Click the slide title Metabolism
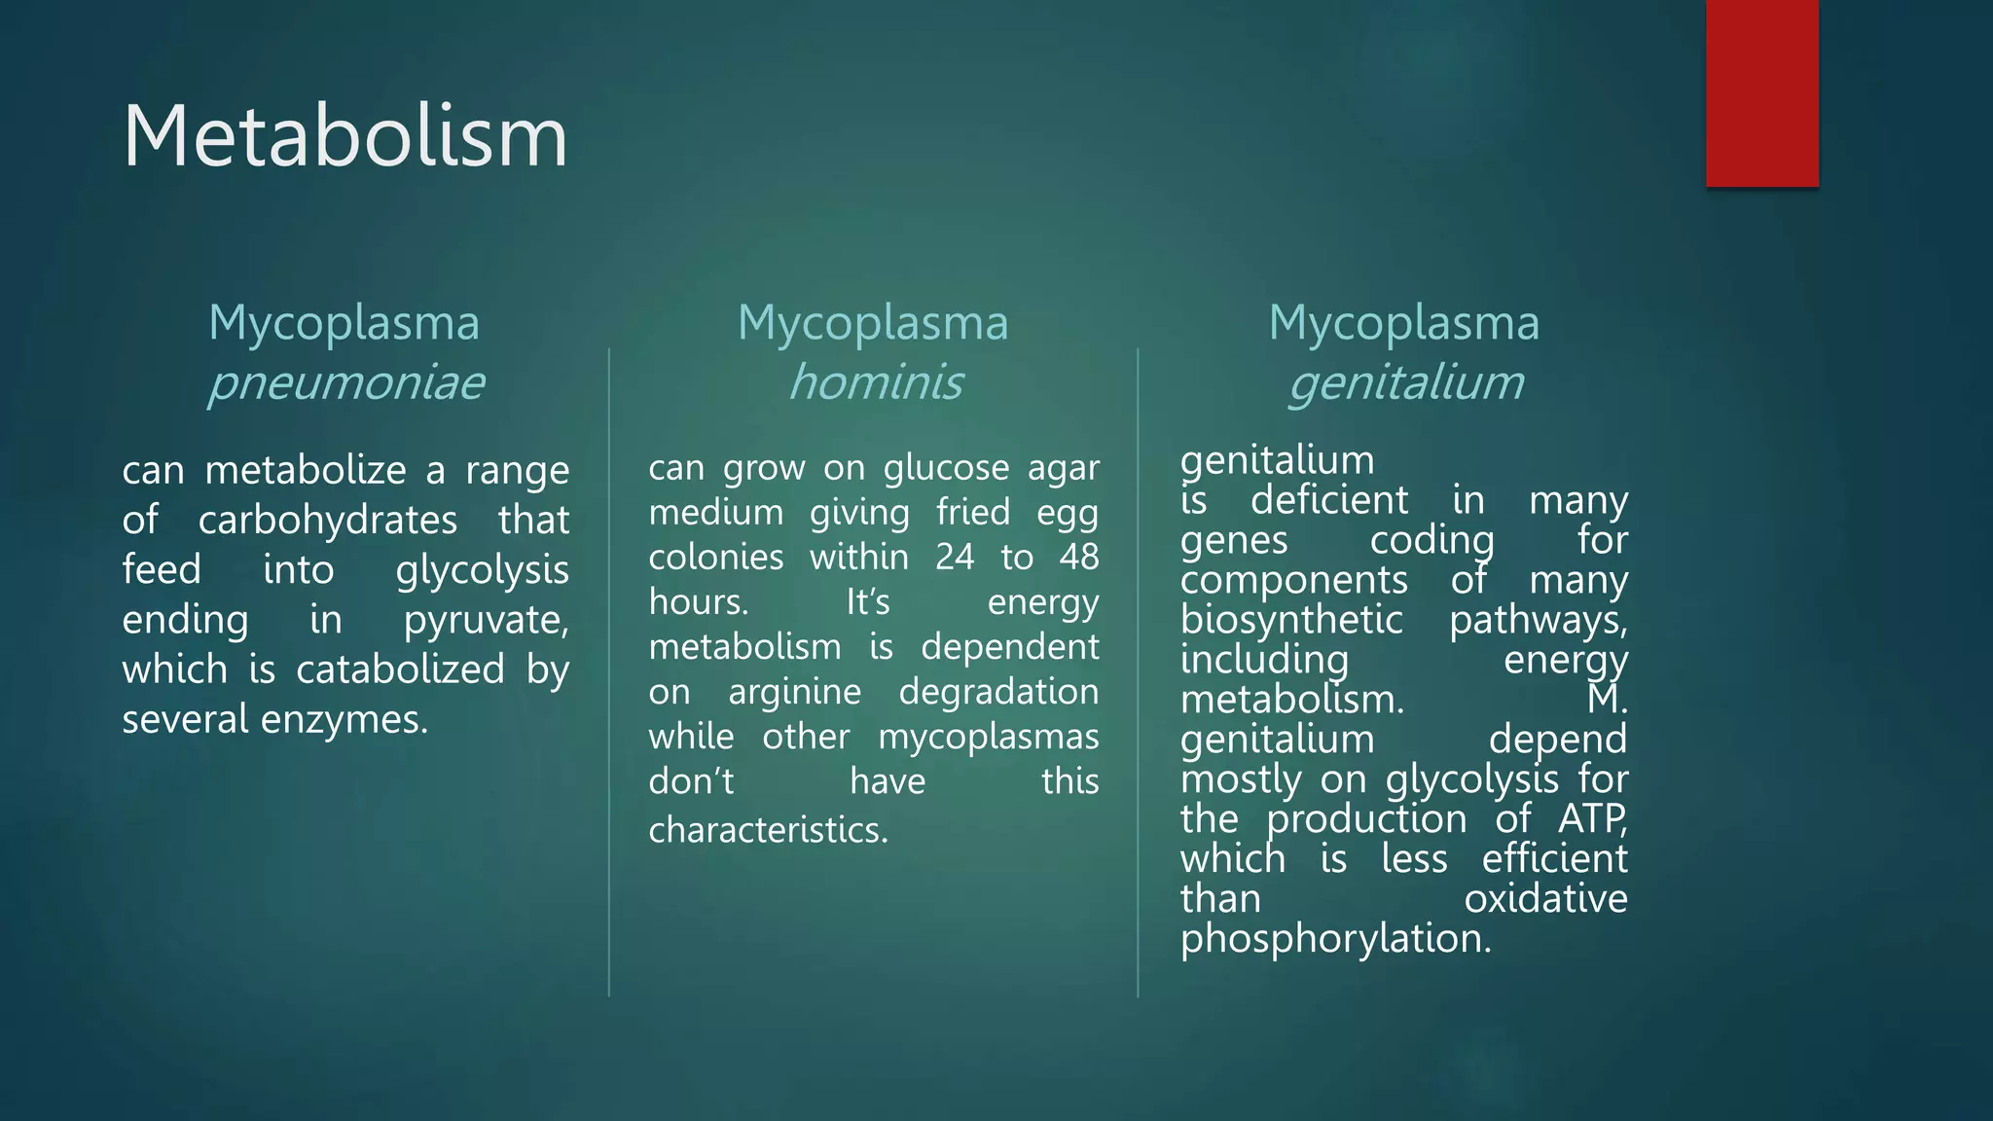[345, 136]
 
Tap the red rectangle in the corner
[1761, 93]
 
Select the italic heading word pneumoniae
[345, 382]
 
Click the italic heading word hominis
[875, 382]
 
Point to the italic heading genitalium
[1405, 382]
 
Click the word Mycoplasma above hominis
[873, 322]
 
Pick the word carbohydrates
[327, 521]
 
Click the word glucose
[946, 468]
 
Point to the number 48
[1078, 558]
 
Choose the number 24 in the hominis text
[954, 558]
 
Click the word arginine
[794, 692]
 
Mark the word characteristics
[768, 830]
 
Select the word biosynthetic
[1291, 620]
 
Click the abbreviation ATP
[1591, 819]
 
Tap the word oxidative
[1545, 899]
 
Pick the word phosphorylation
[1335, 939]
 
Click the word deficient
[1329, 500]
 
